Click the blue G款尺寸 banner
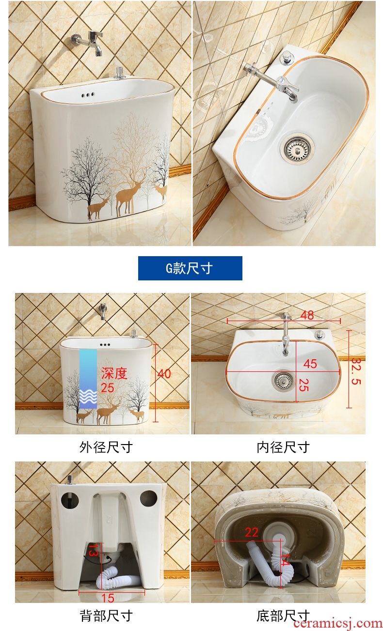click(190, 268)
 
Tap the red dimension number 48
click(307, 315)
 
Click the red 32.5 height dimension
click(356, 371)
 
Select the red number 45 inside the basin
click(310, 364)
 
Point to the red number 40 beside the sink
click(164, 374)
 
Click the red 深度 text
click(114, 373)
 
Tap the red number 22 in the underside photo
click(252, 532)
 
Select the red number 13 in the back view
click(93, 550)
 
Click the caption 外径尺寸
click(106, 447)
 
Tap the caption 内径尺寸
click(283, 447)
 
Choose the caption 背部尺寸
click(106, 616)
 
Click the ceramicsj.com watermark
click(338, 624)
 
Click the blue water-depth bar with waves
click(88, 379)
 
